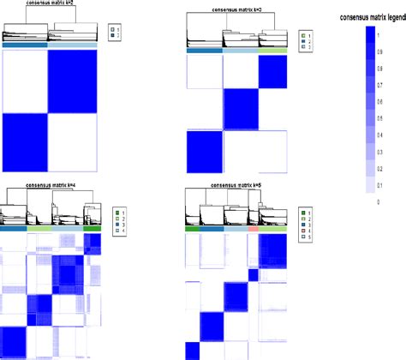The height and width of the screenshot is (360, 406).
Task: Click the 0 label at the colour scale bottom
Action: pyautogui.click(x=379, y=201)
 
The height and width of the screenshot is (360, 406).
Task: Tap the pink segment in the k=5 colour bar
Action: pyautogui.click(x=253, y=229)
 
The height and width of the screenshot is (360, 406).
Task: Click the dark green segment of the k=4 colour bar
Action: pyautogui.click(x=93, y=228)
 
